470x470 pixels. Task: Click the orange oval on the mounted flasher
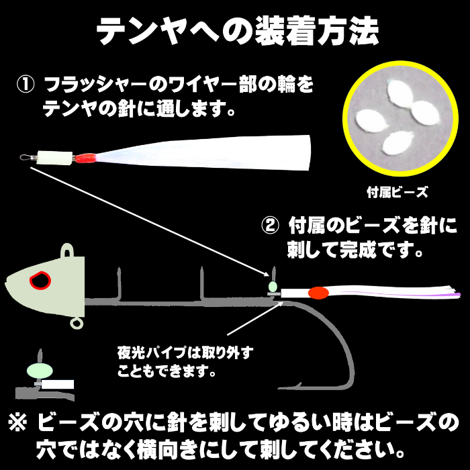319,293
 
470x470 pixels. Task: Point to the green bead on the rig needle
273,287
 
